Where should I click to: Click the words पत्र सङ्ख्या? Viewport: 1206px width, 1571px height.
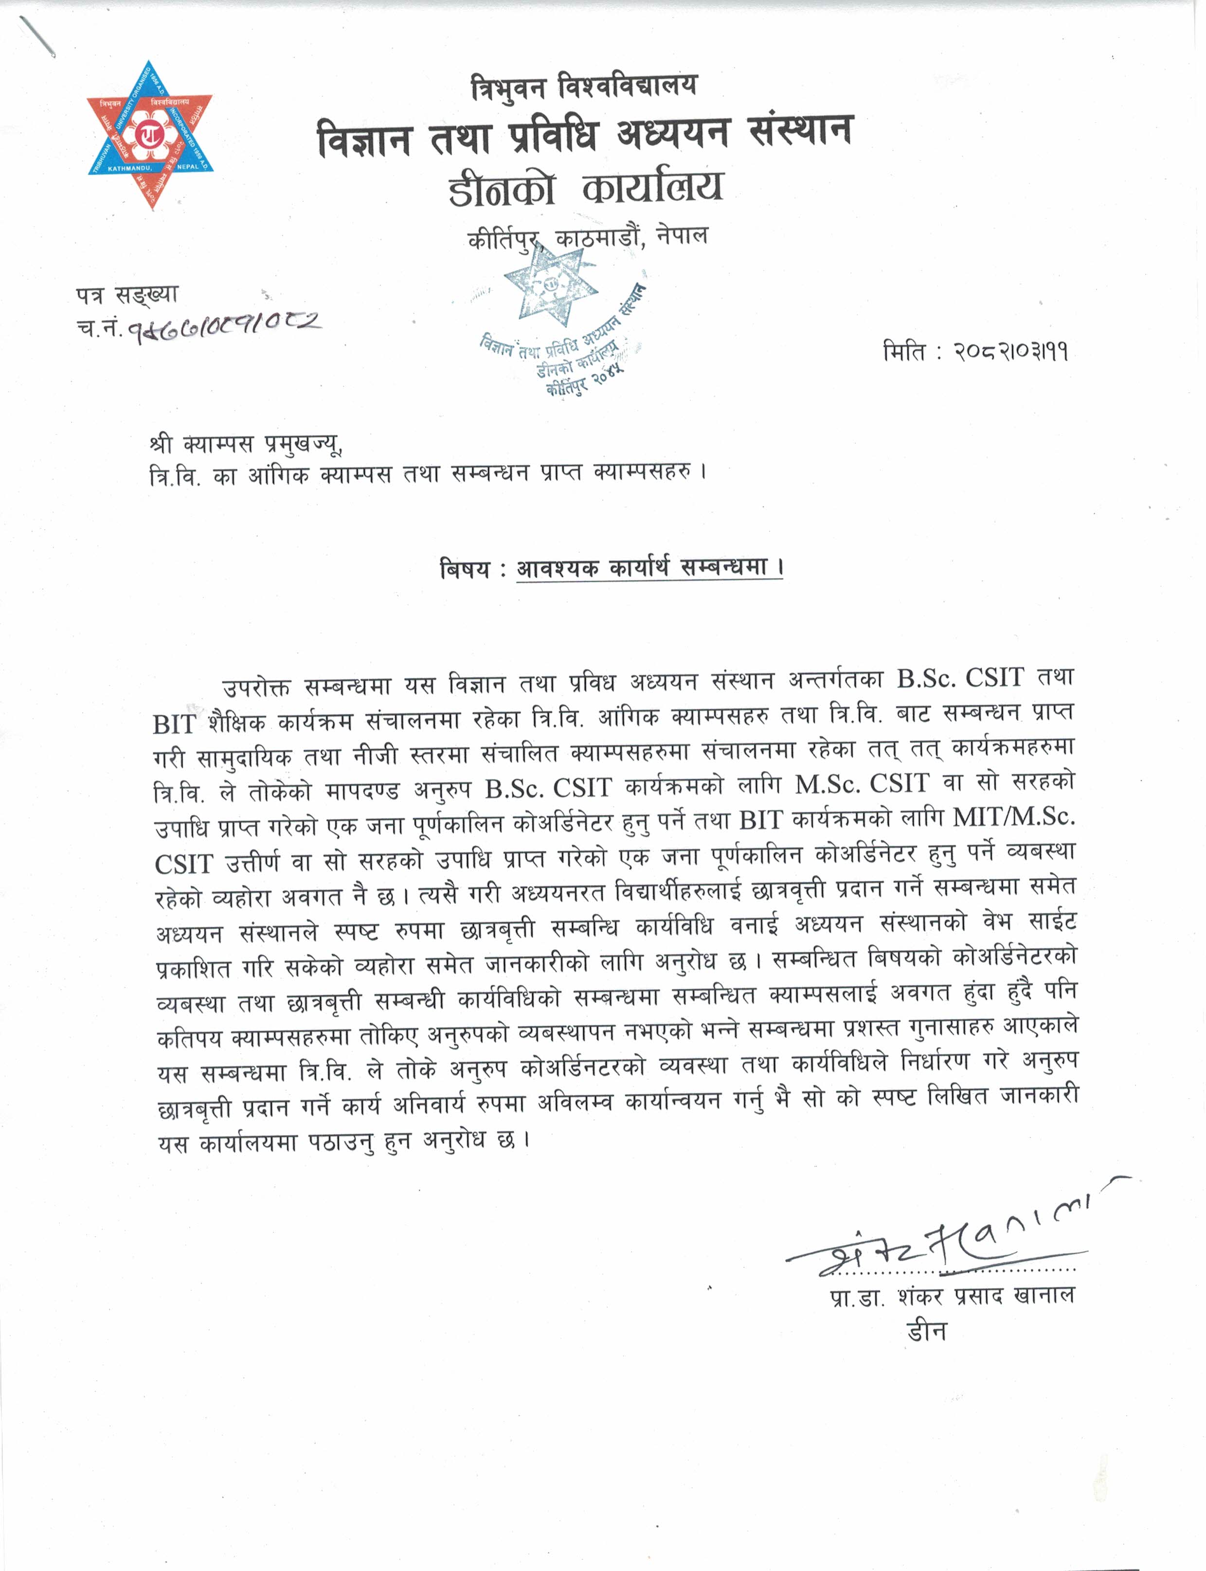pos(127,294)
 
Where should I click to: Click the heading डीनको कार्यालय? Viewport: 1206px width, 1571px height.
pos(585,188)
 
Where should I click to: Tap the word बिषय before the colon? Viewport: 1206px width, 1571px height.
pos(465,569)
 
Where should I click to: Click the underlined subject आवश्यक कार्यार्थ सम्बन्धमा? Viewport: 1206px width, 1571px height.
pos(649,567)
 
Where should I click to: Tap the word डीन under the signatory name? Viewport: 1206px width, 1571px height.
pos(926,1331)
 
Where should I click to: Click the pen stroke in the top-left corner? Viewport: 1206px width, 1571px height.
pos(37,35)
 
